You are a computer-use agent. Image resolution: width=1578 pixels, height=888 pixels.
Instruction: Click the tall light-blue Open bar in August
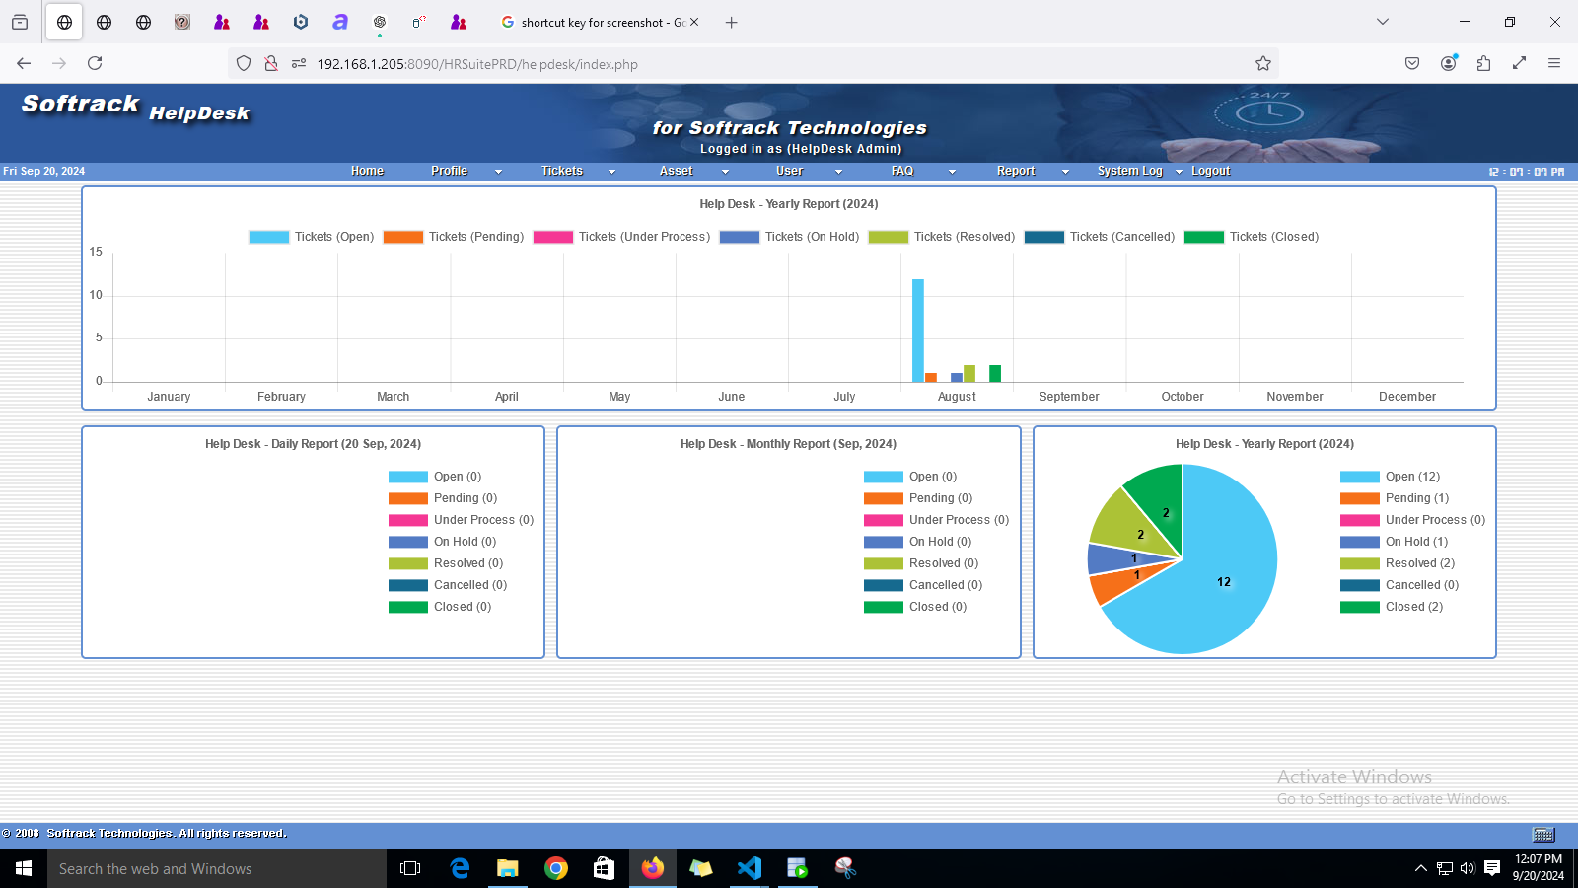click(x=918, y=331)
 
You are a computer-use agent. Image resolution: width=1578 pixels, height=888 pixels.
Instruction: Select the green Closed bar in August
click(x=995, y=374)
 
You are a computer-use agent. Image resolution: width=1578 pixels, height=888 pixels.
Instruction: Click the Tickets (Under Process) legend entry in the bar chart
click(x=621, y=237)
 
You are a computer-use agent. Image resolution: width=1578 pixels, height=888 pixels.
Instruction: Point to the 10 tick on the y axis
click(x=96, y=295)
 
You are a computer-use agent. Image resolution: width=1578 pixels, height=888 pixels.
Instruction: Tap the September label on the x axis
click(x=1069, y=396)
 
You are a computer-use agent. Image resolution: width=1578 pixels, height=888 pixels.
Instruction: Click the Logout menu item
click(x=1210, y=171)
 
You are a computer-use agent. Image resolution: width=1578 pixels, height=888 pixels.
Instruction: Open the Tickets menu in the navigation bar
click(x=561, y=171)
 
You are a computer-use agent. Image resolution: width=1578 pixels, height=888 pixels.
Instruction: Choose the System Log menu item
click(x=1130, y=171)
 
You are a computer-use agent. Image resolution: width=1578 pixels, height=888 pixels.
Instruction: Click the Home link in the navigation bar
click(x=367, y=171)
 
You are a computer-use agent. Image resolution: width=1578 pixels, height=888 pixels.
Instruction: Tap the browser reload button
click(x=95, y=63)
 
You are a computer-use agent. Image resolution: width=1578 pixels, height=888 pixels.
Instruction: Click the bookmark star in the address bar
click(x=1263, y=63)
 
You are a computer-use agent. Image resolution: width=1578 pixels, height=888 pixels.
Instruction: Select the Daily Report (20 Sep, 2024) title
click(x=313, y=444)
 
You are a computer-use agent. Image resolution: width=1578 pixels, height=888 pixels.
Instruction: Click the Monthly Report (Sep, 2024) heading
click(x=788, y=444)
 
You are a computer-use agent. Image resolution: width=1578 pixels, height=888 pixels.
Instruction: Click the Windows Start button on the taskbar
click(x=24, y=868)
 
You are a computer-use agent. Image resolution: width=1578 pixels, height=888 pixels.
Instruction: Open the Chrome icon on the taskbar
click(x=556, y=868)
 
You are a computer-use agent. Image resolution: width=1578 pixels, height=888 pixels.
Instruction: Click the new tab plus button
click(x=731, y=23)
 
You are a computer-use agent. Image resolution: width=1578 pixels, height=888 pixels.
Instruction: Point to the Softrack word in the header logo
click(x=80, y=104)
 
